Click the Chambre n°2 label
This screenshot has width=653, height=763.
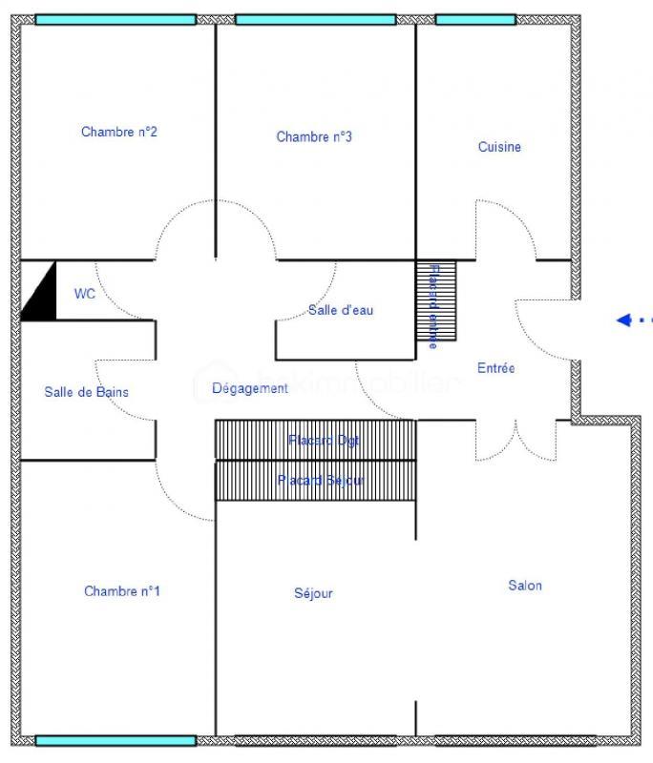point(119,132)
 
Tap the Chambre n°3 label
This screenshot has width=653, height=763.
point(314,136)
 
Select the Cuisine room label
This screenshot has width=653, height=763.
point(499,147)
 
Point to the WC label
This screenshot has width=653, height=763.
point(85,294)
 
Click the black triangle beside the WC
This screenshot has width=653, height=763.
point(39,295)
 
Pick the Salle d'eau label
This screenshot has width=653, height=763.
point(341,310)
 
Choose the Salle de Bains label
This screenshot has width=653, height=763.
point(86,391)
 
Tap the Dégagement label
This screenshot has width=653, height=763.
point(249,388)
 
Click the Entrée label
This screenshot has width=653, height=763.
point(496,367)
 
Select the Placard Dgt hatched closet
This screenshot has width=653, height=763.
point(315,441)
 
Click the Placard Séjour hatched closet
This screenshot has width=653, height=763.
point(315,481)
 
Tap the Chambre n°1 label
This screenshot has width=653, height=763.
point(122,591)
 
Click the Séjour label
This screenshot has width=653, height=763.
point(313,593)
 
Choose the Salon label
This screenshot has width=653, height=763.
point(525,586)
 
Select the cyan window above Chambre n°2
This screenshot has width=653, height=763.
point(116,19)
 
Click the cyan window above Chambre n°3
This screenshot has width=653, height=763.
point(315,19)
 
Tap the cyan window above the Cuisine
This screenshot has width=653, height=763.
point(475,19)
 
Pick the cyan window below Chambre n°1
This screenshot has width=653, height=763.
point(116,740)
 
